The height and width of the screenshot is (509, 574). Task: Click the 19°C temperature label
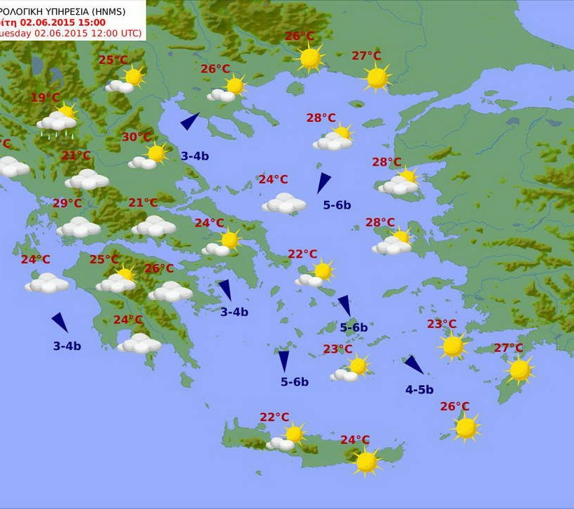coord(45,98)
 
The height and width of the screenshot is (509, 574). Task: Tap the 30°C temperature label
coord(136,137)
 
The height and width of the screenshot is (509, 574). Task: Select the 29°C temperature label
coord(67,204)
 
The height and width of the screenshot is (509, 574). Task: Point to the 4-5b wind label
coord(419,390)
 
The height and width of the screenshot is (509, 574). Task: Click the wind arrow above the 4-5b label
coord(414,365)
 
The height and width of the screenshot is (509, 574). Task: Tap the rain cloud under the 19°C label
coord(57,123)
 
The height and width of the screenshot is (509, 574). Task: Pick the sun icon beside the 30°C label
coord(156,153)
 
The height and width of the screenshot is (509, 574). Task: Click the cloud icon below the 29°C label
coord(78,227)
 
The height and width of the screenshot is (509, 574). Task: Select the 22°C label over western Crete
coord(274,417)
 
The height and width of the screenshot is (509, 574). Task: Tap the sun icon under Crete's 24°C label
coord(366,461)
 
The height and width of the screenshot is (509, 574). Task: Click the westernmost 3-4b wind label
coord(67,346)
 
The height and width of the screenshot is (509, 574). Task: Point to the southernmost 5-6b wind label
coord(295,382)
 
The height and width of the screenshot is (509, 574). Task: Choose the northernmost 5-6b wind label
coord(337,205)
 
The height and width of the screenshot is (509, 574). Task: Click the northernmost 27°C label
coord(366,56)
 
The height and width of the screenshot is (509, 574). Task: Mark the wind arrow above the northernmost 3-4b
coord(190,121)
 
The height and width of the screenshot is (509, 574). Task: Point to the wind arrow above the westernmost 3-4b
coord(60,322)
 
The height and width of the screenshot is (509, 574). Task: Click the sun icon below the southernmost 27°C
coord(519,370)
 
